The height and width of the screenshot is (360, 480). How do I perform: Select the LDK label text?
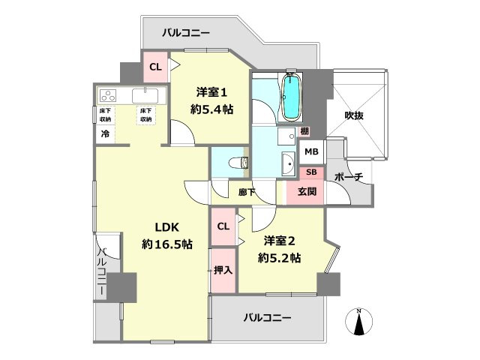pos(168,227)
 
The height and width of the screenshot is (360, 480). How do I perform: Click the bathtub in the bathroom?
pos(290,97)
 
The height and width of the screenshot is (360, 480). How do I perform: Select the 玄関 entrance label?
pos(307,192)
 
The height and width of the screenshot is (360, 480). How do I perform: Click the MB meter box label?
pos(310,151)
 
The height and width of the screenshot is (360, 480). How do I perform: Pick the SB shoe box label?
pos(311,172)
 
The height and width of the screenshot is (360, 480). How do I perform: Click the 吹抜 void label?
pos(355,115)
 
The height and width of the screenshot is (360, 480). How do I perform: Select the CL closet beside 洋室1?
pos(155,67)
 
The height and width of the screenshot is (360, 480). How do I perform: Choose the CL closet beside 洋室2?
pos(223,226)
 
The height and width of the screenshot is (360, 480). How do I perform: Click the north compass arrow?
pos(358,322)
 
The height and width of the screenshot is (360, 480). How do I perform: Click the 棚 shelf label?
pos(304,131)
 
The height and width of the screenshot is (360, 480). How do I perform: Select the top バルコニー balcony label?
pos(185,32)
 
